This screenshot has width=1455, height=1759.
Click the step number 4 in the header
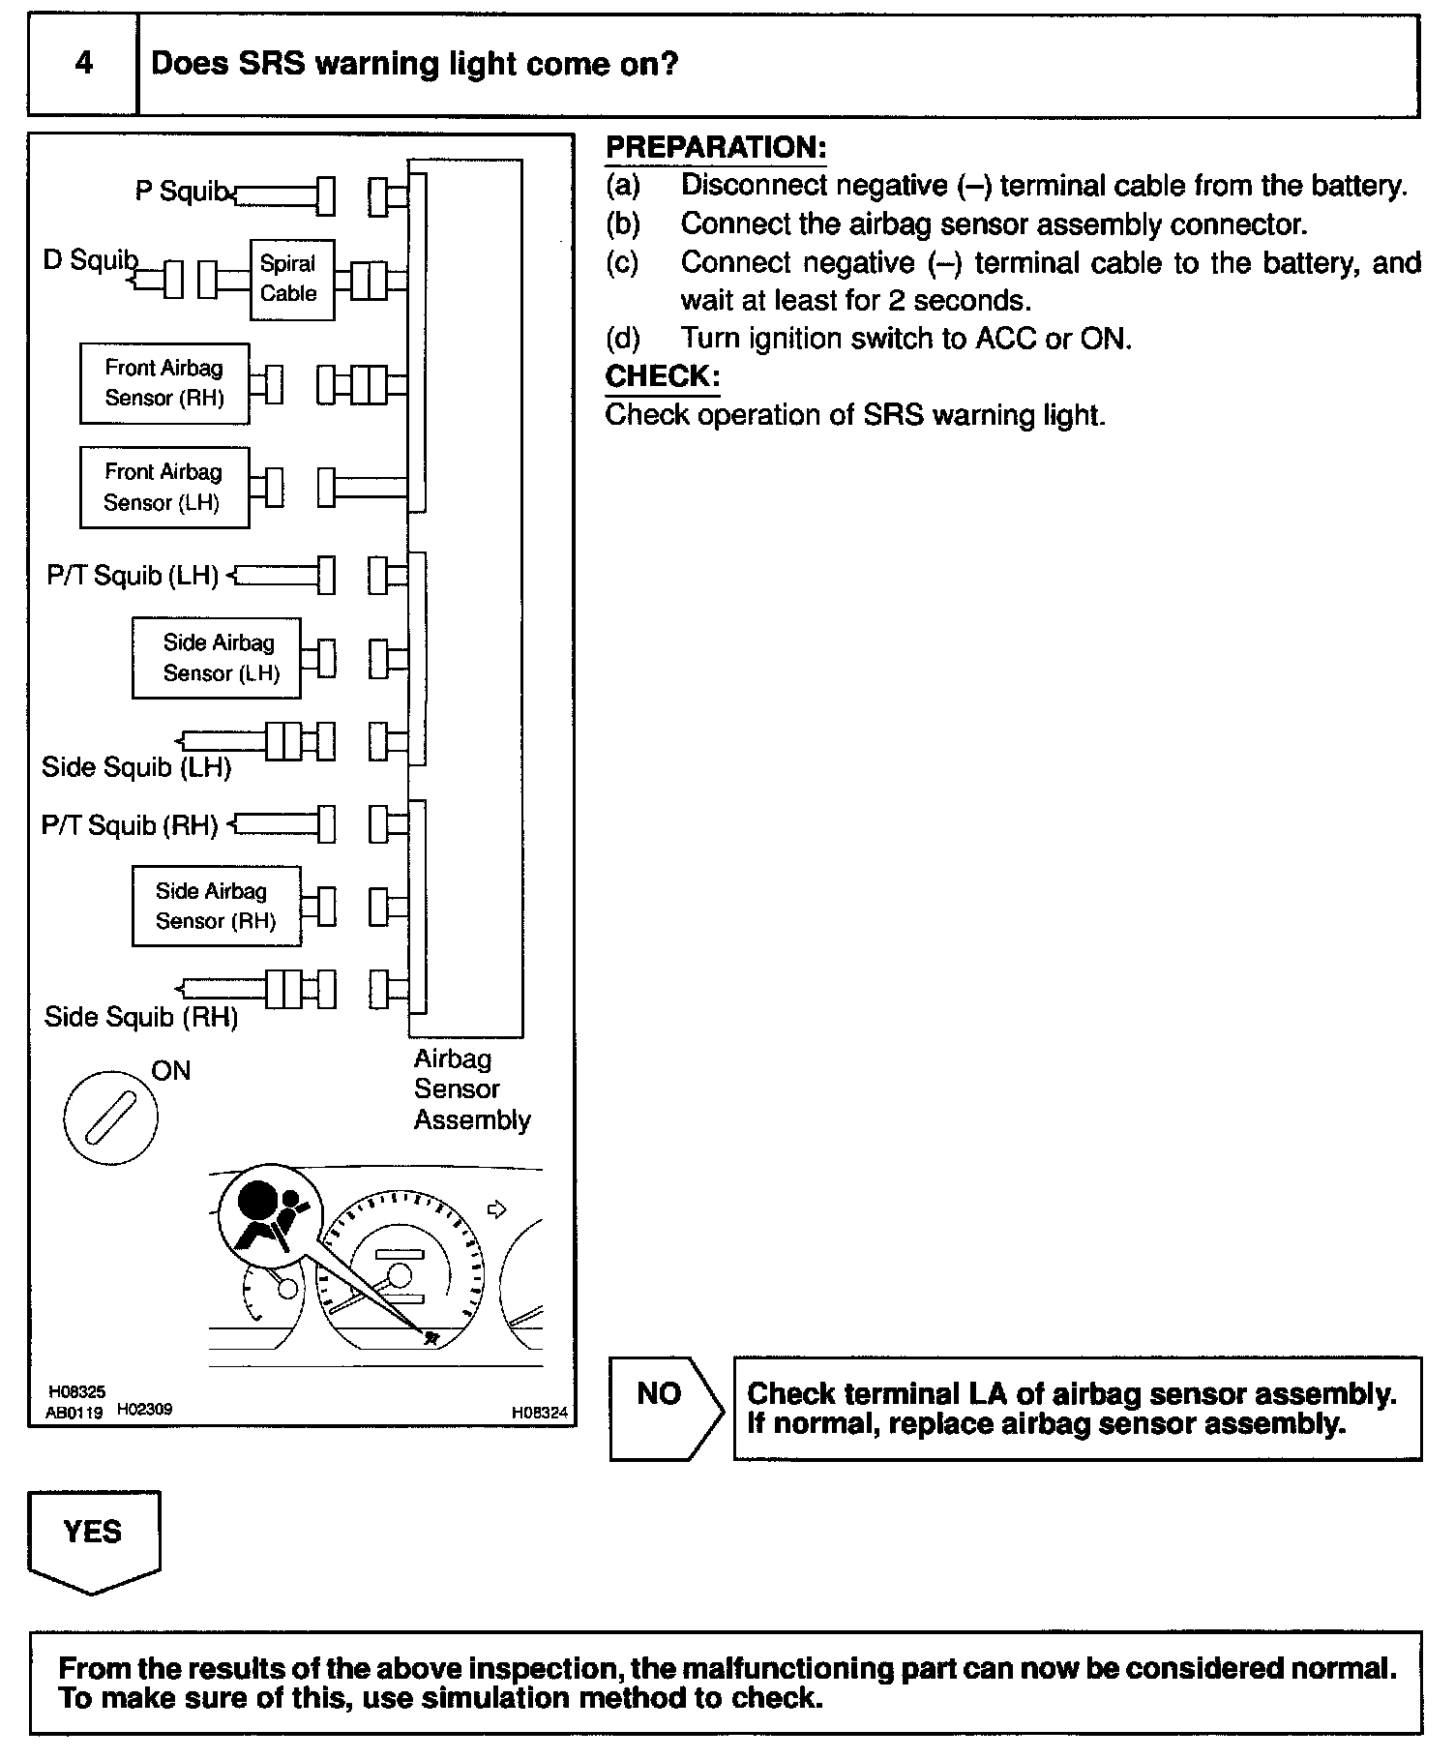click(84, 64)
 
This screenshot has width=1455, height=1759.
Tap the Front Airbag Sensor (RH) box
click(164, 383)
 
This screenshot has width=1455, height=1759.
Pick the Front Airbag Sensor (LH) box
click(164, 487)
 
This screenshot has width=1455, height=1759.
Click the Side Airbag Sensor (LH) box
click(217, 658)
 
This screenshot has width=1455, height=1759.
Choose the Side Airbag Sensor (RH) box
click(217, 906)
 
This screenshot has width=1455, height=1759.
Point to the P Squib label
click(180, 192)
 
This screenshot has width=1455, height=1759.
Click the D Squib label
click(90, 259)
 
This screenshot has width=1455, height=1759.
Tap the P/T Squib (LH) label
click(133, 576)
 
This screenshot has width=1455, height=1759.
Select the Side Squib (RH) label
click(141, 1017)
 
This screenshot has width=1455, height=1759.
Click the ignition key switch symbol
click(110, 1118)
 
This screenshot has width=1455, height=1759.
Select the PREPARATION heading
click(716, 148)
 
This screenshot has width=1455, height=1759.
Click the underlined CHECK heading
click(662, 376)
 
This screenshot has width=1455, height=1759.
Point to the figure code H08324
click(540, 1414)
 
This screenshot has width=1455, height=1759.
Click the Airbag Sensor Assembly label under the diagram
click(471, 1089)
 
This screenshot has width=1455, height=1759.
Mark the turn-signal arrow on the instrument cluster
click(496, 1208)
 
